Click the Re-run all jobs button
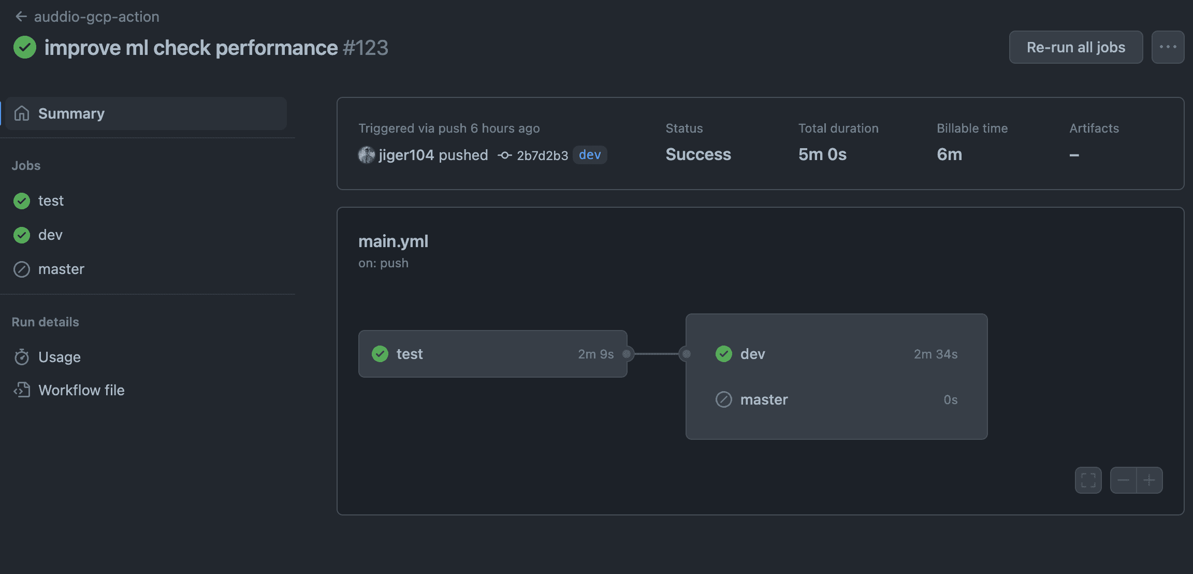tap(1075, 47)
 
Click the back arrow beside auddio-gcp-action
tap(21, 17)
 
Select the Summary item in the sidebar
tap(146, 113)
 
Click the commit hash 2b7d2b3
tap(542, 155)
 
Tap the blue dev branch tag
tap(590, 155)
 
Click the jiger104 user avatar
tap(367, 155)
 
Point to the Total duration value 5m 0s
tap(822, 154)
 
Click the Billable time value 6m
tap(949, 154)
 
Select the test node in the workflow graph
tap(492, 354)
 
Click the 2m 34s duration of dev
tap(935, 354)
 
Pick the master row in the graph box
tap(836, 399)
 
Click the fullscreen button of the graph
tap(1088, 480)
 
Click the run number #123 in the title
tap(366, 48)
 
